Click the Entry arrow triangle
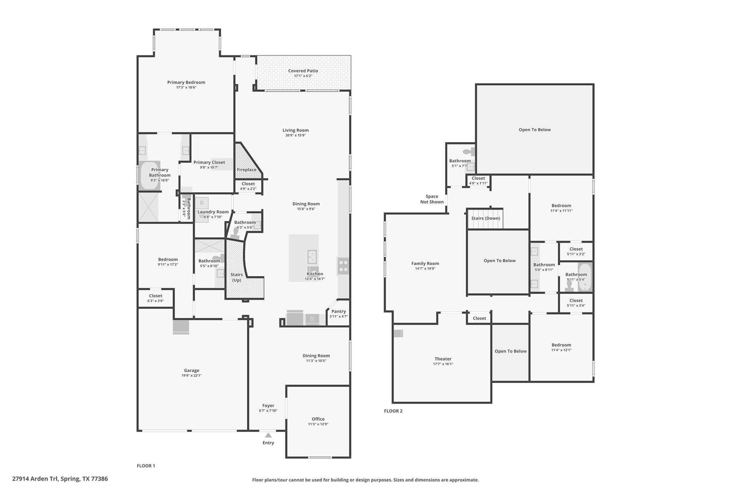point(268,435)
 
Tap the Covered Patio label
point(303,71)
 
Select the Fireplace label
point(247,169)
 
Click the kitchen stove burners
point(343,266)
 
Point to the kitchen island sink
point(312,256)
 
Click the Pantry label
point(338,311)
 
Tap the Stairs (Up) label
point(236,277)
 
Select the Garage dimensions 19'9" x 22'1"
point(191,375)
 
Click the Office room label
point(318,419)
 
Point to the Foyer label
point(268,405)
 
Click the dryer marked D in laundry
point(202,203)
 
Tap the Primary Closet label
point(209,162)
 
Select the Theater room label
point(443,359)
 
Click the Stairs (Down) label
point(485,218)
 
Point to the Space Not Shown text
point(432,199)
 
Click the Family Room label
point(425,263)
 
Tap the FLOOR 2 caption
point(393,411)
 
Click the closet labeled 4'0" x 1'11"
point(478,181)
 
